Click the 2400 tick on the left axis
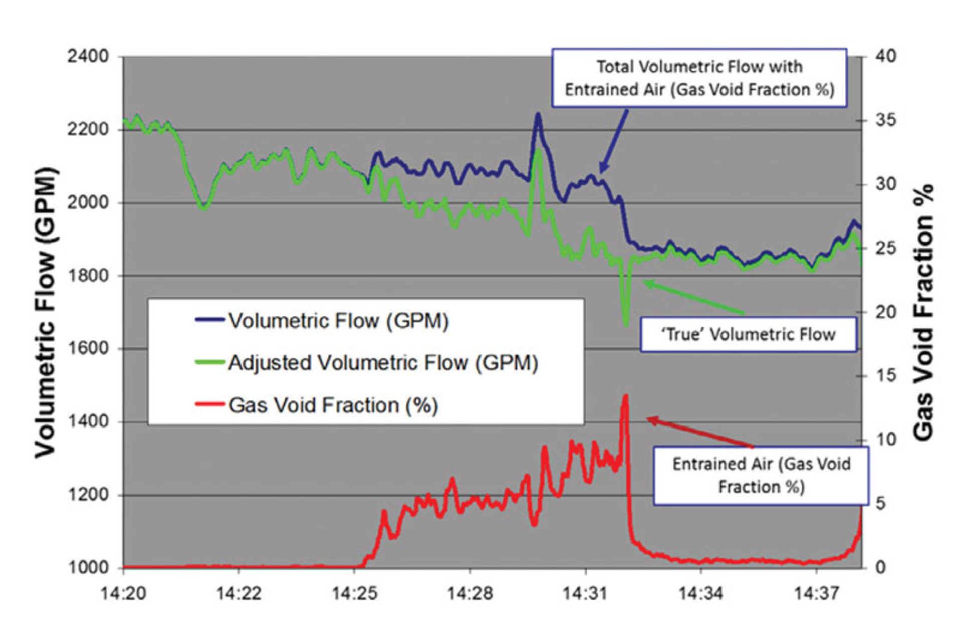click(88, 56)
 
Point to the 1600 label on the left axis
click(88, 348)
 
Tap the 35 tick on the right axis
click(885, 120)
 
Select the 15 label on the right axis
click(885, 375)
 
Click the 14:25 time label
click(354, 594)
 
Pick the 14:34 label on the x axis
click(700, 594)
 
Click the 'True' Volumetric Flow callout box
click(749, 334)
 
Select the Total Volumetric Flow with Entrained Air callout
click(699, 78)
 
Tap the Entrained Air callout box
click(761, 475)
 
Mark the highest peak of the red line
click(625, 396)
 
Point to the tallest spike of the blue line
click(538, 115)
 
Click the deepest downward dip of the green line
click(626, 325)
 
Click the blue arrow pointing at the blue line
click(614, 142)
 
